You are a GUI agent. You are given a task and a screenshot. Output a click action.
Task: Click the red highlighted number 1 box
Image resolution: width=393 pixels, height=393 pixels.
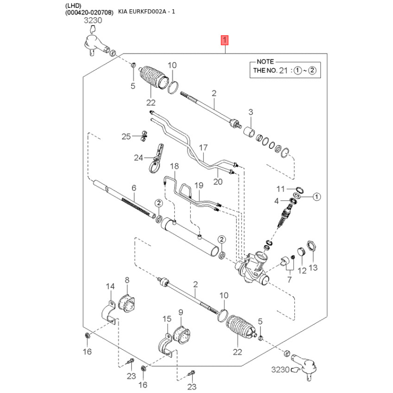(x=225, y=40)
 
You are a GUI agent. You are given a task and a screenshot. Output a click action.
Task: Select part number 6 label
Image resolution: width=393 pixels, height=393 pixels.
(x=133, y=188)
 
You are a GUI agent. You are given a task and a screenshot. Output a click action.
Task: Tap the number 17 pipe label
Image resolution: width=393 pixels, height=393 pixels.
(x=203, y=147)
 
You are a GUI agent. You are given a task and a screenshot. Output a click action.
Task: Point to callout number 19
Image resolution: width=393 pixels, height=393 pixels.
(x=198, y=185)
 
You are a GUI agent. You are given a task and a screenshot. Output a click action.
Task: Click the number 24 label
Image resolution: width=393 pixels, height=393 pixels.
(x=138, y=158)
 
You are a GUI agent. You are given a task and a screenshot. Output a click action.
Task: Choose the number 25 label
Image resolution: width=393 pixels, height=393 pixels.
(x=126, y=136)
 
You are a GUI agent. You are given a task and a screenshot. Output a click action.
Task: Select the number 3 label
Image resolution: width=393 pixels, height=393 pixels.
(x=250, y=112)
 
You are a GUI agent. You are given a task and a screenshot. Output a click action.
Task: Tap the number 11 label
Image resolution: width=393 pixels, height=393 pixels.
(x=280, y=189)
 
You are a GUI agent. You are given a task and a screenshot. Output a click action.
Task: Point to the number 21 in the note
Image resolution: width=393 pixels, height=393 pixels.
(x=282, y=71)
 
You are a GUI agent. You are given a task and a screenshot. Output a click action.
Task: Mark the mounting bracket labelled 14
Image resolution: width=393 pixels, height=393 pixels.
(x=111, y=309)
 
